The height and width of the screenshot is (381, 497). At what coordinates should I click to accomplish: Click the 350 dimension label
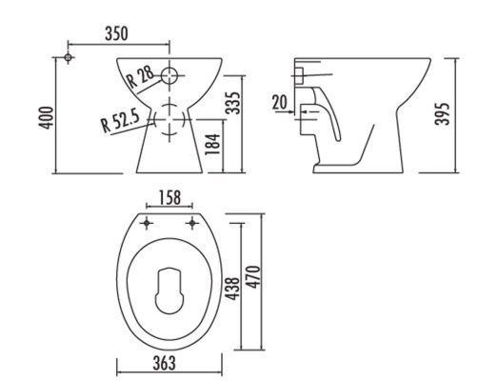click(116, 34)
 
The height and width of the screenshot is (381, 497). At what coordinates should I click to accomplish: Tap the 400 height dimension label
click(46, 118)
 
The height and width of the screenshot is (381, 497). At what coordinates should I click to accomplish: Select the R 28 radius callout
click(140, 77)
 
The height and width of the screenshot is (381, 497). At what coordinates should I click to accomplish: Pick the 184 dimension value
click(212, 145)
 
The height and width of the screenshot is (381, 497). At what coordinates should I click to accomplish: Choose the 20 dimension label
click(279, 102)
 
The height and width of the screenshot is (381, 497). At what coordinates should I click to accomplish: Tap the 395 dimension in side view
click(443, 114)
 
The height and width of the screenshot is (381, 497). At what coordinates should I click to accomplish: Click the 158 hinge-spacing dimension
click(169, 197)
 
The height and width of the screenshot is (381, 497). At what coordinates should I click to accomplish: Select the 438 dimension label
click(232, 289)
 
